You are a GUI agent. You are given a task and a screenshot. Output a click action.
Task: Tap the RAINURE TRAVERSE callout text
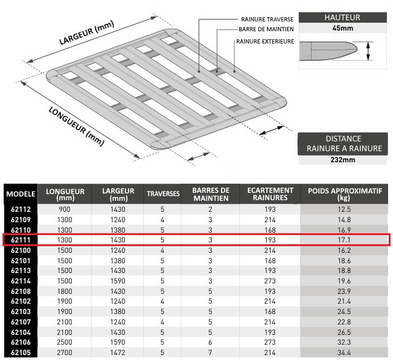267,18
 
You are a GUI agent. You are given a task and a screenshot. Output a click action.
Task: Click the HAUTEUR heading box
342,18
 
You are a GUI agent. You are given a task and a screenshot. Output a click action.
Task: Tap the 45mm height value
342,28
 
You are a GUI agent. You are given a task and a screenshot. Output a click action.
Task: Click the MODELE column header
20,194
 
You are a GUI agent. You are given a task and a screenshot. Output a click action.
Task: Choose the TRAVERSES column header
163,194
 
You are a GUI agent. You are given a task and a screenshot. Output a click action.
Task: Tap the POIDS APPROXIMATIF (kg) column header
345,194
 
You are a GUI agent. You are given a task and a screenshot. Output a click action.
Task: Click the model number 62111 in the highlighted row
20,240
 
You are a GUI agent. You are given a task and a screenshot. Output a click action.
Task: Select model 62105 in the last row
20,353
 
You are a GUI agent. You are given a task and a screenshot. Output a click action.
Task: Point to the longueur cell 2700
64,353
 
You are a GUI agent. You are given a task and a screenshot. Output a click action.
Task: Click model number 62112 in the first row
20,209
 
